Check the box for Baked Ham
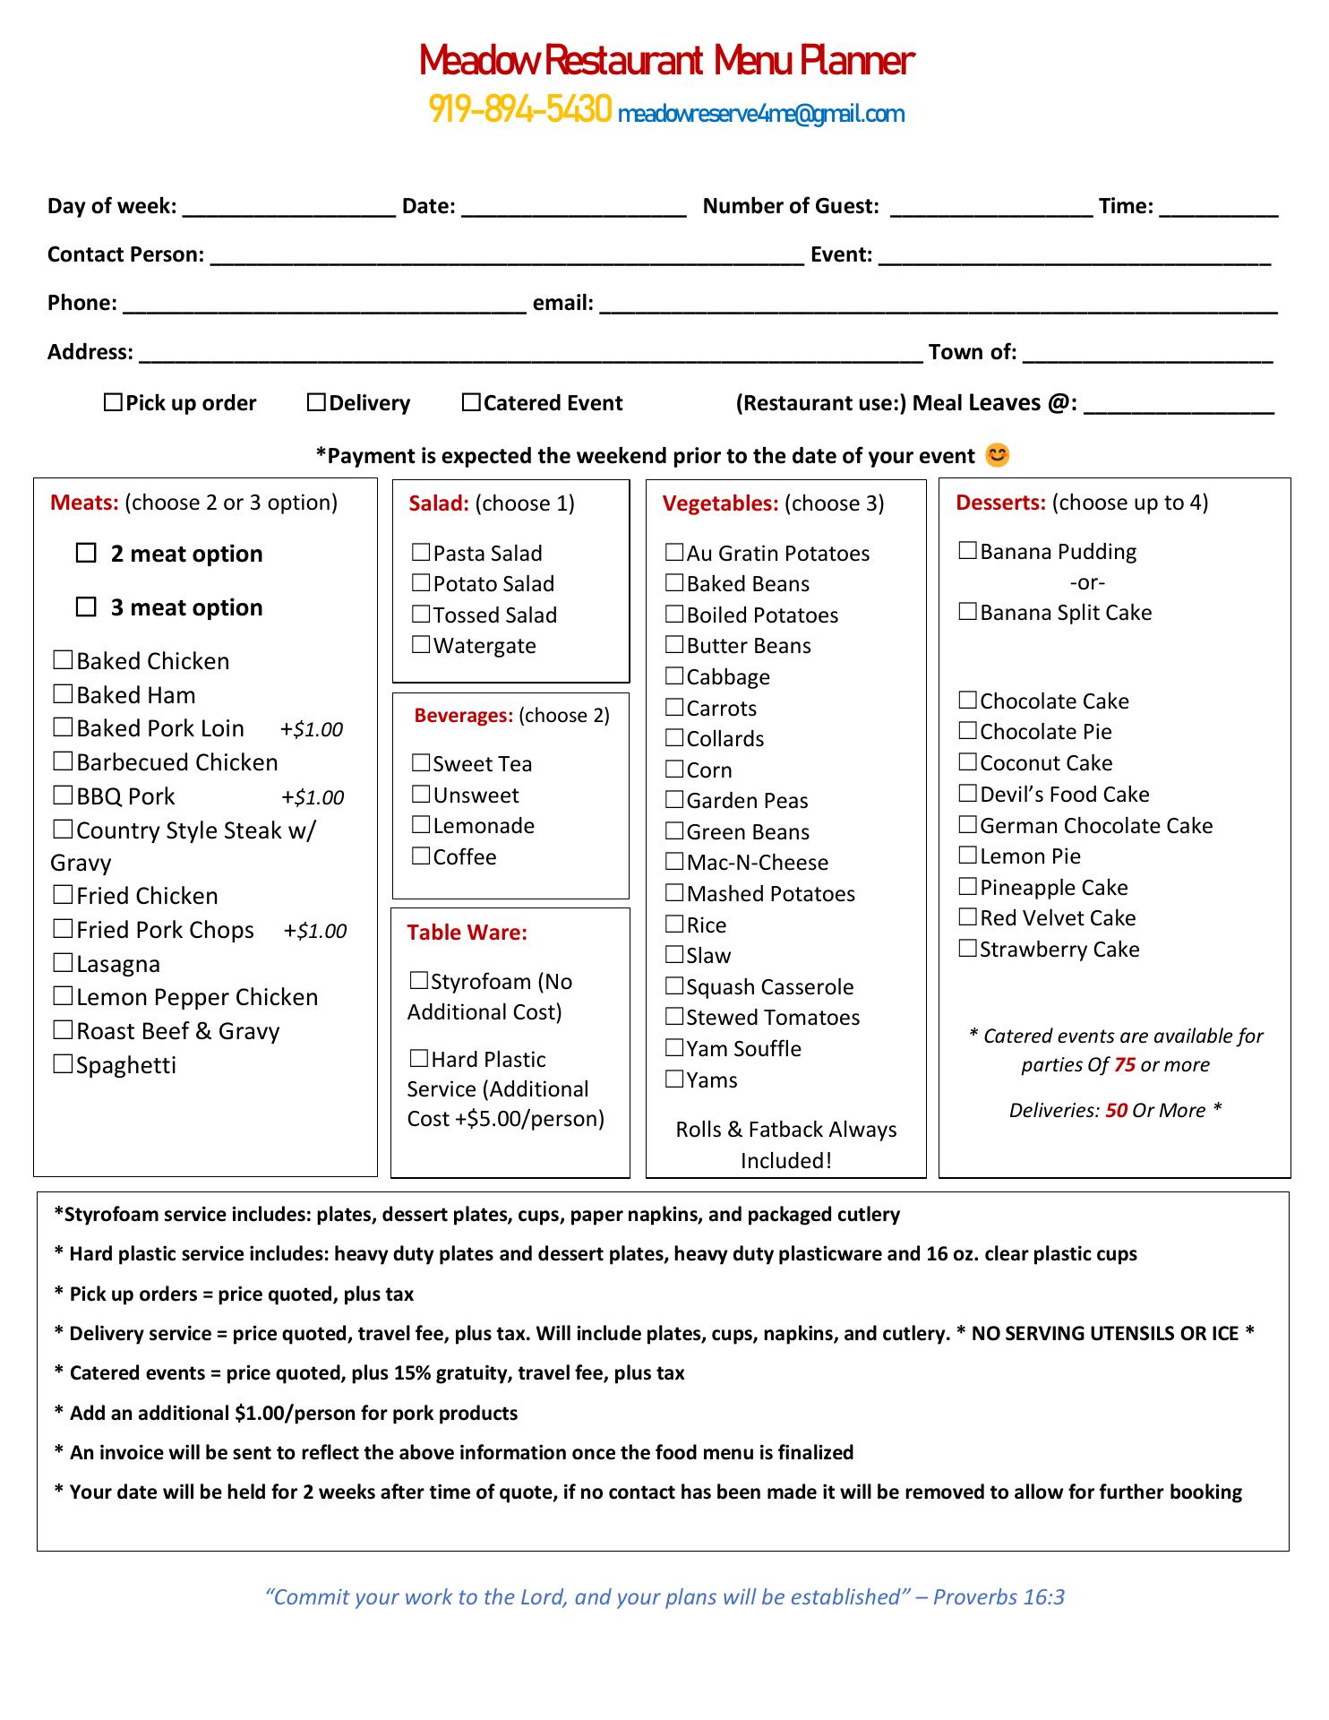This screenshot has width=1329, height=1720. click(63, 694)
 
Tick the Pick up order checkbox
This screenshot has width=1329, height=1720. click(113, 402)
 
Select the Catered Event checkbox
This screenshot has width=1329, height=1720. click(471, 402)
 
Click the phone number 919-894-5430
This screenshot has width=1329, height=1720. click(520, 109)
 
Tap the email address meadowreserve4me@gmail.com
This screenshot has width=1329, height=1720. click(761, 114)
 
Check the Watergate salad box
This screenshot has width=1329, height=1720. click(421, 645)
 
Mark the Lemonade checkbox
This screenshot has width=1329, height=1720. click(421, 825)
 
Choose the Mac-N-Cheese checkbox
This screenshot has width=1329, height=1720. click(674, 862)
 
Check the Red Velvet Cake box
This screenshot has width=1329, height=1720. click(968, 917)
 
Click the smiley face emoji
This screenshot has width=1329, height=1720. click(997, 455)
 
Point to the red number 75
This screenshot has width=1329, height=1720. click(1125, 1065)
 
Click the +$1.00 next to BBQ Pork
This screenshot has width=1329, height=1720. click(313, 797)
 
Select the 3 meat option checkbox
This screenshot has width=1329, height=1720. click(86, 607)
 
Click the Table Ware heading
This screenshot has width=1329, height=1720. click(467, 933)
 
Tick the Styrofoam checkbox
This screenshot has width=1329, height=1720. click(419, 981)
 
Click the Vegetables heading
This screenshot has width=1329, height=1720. click(720, 503)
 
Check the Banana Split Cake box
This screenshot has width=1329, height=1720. click(968, 612)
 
